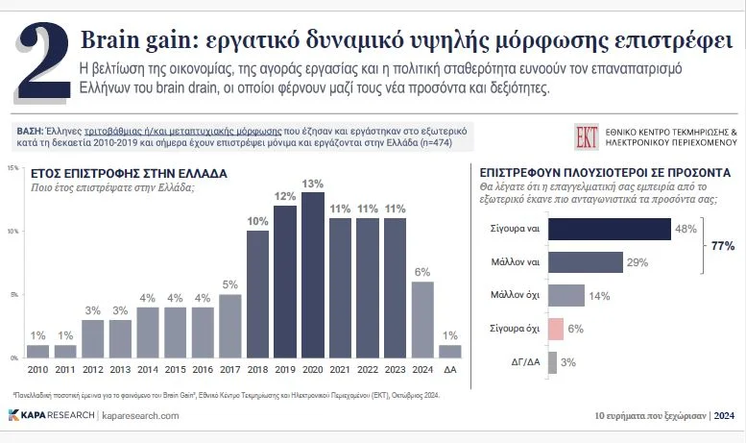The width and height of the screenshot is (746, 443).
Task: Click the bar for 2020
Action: click(312, 275)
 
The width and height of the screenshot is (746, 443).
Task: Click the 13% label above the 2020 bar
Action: click(312, 184)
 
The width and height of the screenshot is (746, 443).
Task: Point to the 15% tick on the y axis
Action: click(12, 168)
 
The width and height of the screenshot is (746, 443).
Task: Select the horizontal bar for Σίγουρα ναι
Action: click(608, 229)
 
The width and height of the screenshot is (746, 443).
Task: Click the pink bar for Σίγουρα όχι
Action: click(555, 329)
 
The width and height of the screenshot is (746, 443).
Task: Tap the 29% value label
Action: click(638, 262)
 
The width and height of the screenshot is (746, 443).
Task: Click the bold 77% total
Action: click(722, 246)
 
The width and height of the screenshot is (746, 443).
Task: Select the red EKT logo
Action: click(587, 135)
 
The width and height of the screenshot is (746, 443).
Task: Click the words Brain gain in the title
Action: click(131, 41)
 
